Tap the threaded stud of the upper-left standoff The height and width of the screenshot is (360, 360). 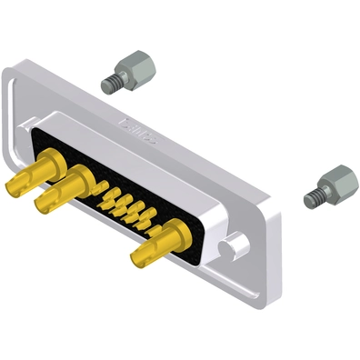point(112,84)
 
